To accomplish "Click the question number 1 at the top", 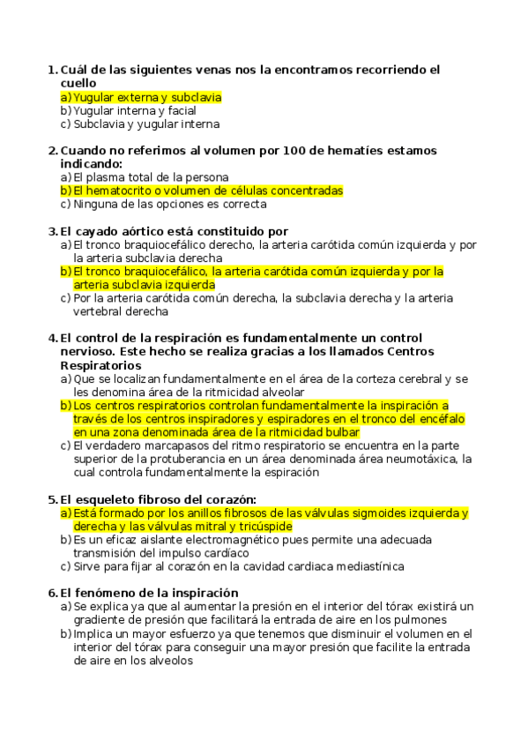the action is click(50, 69).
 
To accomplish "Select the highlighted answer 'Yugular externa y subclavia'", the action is click(146, 97).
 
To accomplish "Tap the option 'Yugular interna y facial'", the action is click(134, 110).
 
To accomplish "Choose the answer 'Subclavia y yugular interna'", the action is click(145, 124).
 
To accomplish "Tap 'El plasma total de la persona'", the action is click(151, 176).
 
